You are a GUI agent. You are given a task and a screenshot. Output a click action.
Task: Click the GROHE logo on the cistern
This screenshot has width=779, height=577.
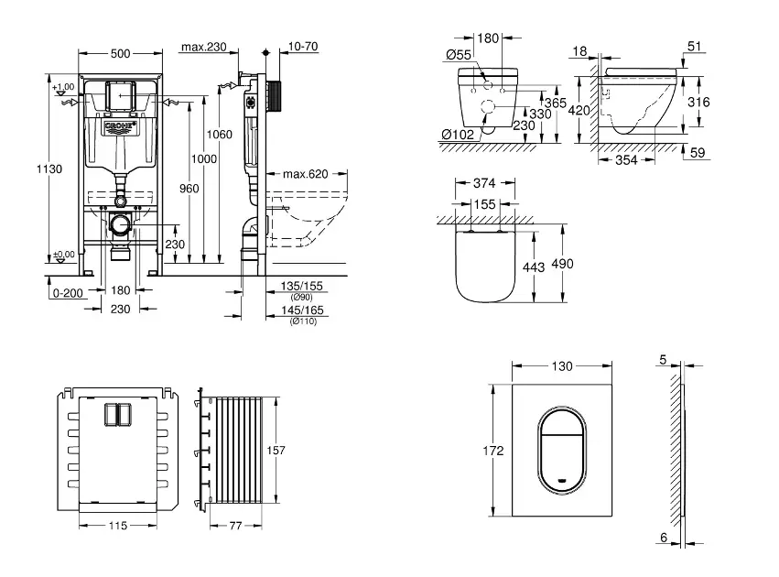121,125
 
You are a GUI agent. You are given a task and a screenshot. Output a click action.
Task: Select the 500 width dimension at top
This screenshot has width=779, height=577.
121,54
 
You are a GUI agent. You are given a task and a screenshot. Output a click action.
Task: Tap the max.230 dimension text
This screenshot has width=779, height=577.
204,48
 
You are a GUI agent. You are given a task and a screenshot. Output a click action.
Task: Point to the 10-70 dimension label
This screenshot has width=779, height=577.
301,47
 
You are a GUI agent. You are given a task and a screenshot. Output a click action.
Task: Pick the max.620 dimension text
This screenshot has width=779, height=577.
305,174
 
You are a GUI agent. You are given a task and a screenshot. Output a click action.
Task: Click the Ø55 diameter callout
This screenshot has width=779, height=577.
459,56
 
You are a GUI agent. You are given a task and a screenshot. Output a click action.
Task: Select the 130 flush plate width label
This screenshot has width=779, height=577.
562,366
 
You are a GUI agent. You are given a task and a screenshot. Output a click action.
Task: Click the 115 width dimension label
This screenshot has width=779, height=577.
114,527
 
